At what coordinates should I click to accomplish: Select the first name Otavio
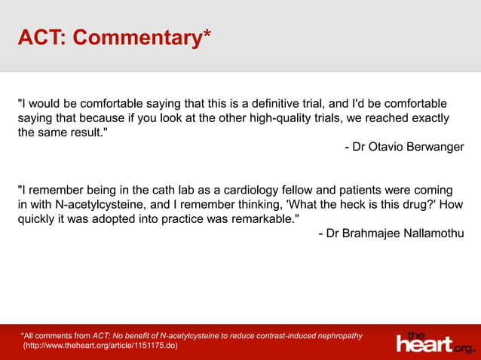tap(389, 147)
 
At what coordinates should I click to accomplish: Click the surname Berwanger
tap(437, 147)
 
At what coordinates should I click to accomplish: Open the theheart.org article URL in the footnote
tap(102, 345)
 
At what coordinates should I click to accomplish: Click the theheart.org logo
tap(436, 343)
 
